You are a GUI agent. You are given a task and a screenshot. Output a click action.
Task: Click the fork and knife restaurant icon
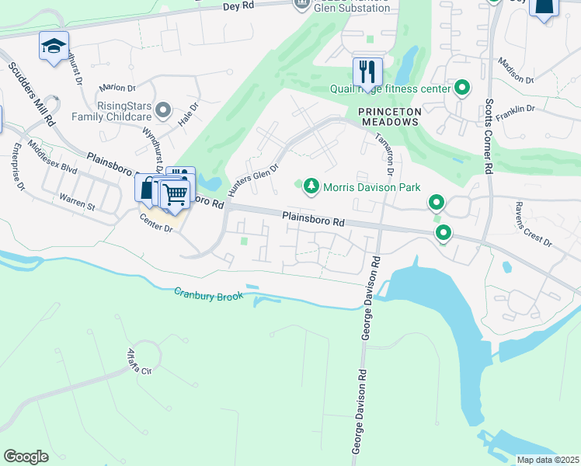[367, 72]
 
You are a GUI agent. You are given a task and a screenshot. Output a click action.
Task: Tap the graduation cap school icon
[54, 46]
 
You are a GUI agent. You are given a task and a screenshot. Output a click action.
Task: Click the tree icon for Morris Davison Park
[311, 186]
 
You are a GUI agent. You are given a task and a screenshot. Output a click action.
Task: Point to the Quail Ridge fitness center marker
[462, 89]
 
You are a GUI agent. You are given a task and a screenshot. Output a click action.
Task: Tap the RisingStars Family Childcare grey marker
[162, 111]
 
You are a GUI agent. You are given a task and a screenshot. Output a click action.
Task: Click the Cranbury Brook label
[208, 294]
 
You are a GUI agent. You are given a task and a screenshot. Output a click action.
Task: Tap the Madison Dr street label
[516, 71]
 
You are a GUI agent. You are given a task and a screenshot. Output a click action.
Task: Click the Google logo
[26, 457]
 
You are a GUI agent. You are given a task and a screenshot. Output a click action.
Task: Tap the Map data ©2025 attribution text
[547, 460]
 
